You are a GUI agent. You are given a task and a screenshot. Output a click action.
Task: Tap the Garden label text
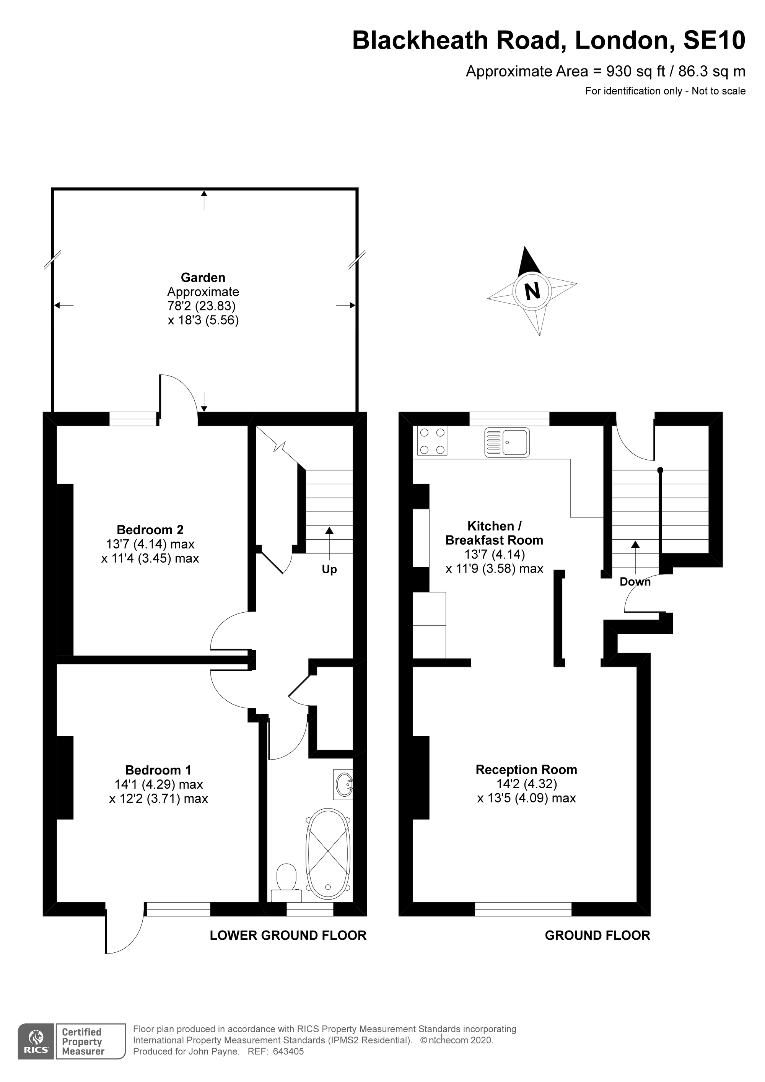click(x=203, y=278)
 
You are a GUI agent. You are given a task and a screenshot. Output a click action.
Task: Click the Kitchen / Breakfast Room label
click(x=493, y=533)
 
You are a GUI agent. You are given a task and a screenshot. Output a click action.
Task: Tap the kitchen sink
click(x=507, y=443)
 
